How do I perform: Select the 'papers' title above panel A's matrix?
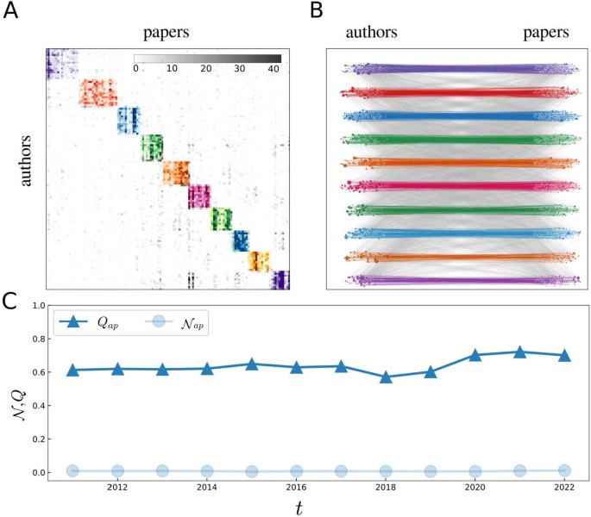click(167, 35)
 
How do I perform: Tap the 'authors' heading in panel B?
click(373, 35)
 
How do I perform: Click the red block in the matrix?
click(97, 92)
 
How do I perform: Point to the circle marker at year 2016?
click(296, 471)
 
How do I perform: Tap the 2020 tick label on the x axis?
click(475, 488)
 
